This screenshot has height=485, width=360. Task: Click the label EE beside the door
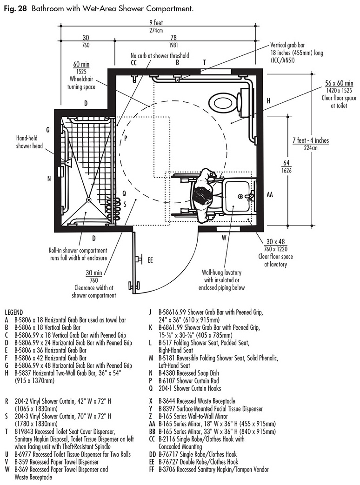[x=150, y=259]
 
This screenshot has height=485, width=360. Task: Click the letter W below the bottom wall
[x=224, y=237]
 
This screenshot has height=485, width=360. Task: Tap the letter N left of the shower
[x=49, y=179]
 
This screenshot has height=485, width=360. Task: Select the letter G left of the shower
[x=47, y=129]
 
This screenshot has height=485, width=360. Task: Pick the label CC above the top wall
[x=133, y=62]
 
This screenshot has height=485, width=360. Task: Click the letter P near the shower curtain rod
[x=125, y=138]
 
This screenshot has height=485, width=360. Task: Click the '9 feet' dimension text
[x=157, y=22]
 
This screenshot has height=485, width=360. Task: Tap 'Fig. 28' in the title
[x=15, y=8]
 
